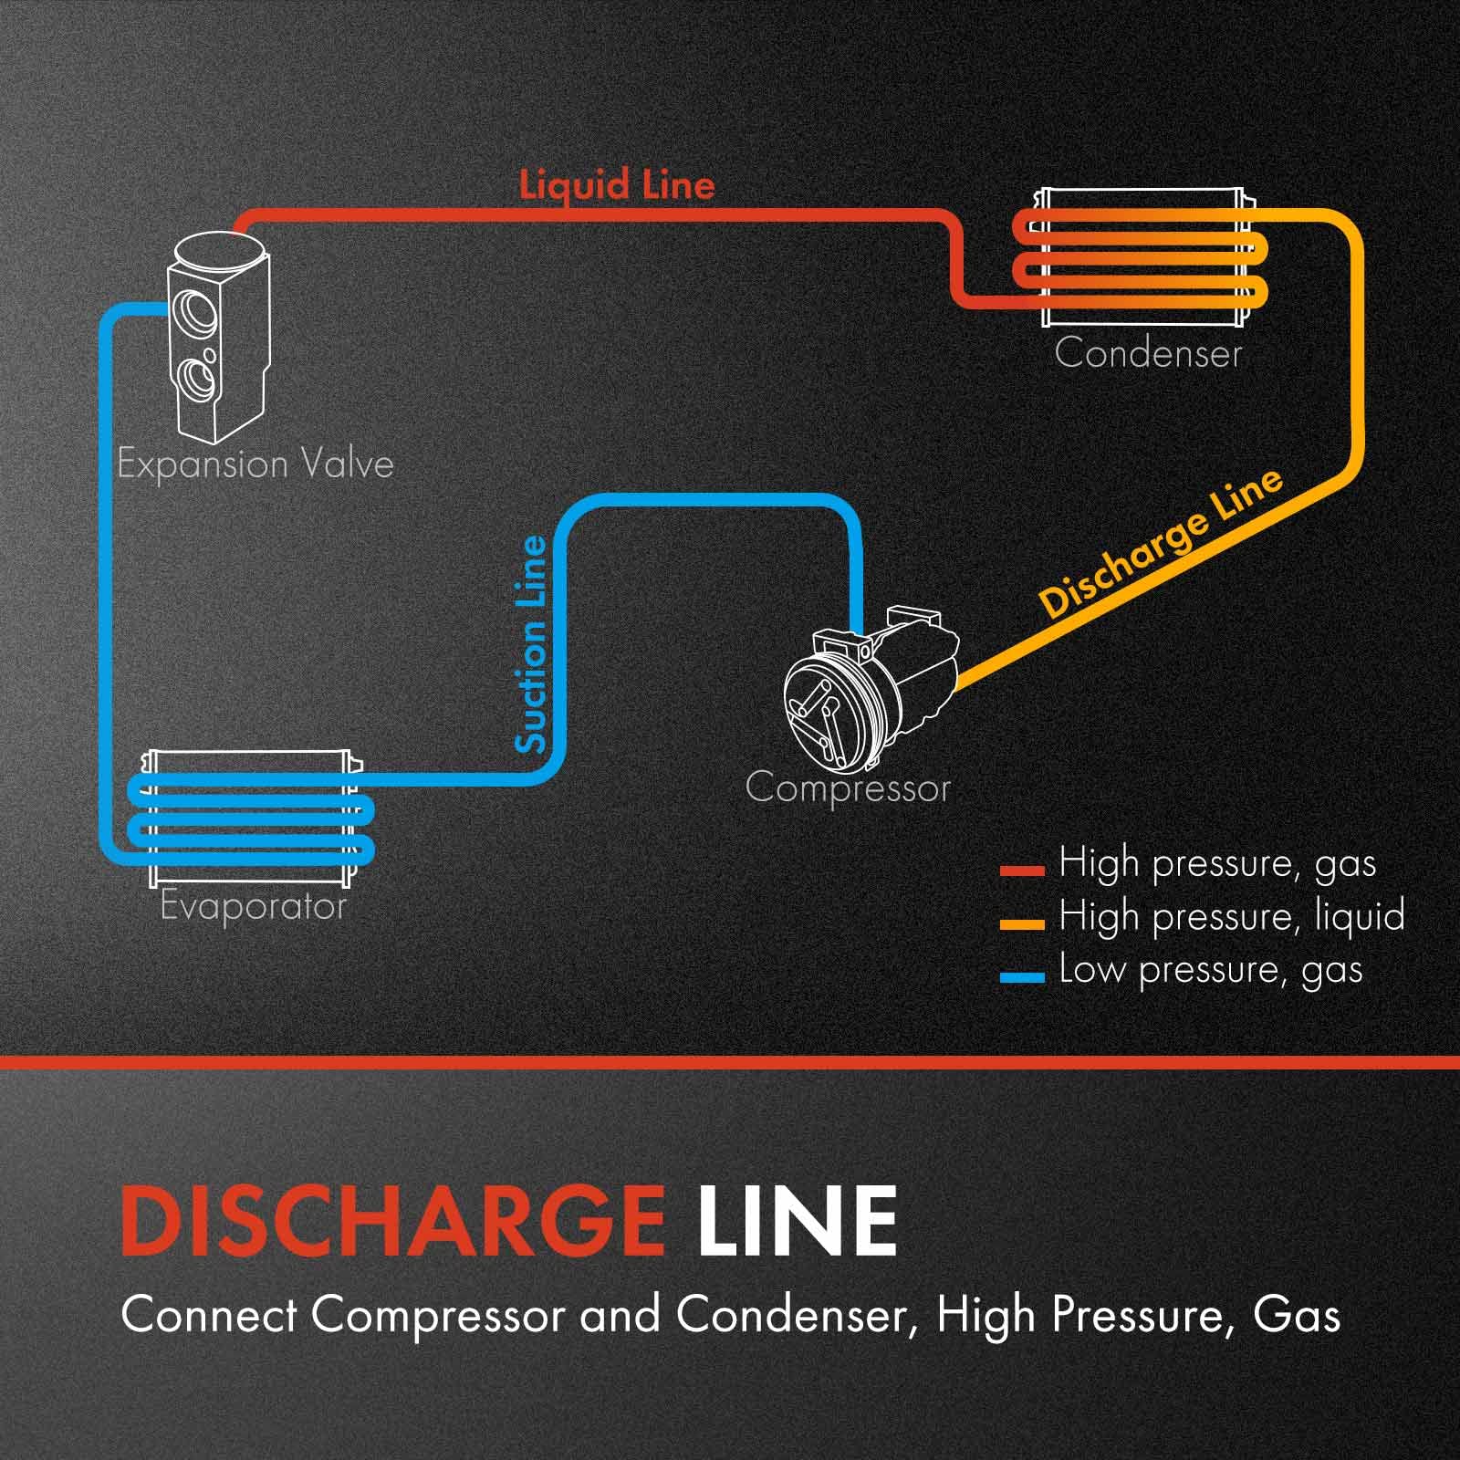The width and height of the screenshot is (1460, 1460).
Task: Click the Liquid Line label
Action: [617, 185]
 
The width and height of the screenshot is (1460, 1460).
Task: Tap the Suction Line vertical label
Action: [531, 644]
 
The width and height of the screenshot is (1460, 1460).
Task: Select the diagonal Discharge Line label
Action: [1161, 544]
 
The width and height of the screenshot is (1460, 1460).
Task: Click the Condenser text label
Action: [1148, 354]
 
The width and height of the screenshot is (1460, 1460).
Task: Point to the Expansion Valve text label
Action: [255, 464]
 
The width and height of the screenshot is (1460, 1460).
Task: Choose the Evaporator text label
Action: [253, 907]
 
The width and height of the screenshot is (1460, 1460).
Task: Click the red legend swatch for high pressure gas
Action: [1021, 870]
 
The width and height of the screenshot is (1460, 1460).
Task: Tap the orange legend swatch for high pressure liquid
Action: [1021, 923]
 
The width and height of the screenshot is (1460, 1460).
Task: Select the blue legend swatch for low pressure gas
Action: [1021, 976]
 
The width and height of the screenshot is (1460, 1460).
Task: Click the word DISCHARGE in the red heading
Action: [392, 1221]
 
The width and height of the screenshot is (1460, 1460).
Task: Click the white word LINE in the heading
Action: [798, 1221]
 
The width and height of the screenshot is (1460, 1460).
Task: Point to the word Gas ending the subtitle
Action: [1297, 1316]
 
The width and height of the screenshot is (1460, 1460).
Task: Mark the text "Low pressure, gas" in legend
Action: [1210, 970]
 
